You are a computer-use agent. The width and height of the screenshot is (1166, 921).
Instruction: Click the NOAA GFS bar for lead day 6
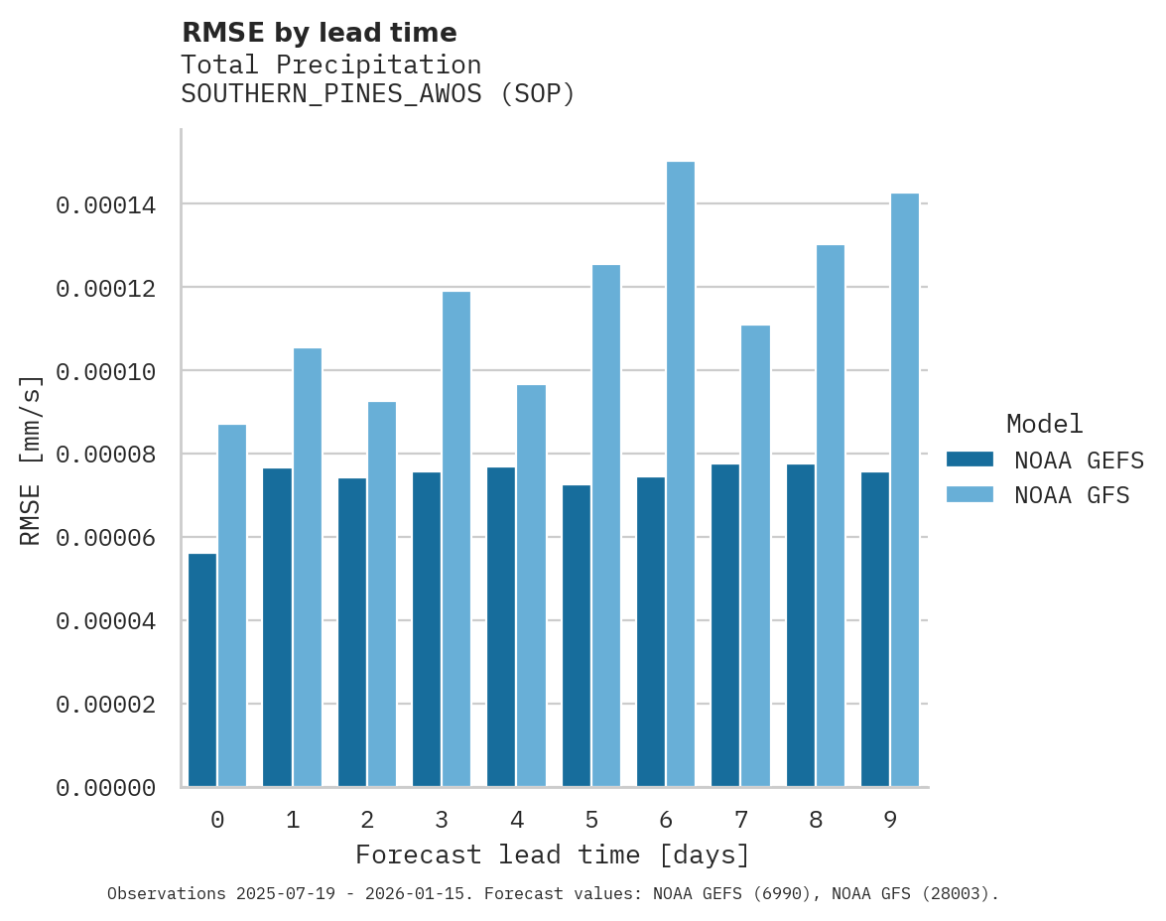[x=681, y=474]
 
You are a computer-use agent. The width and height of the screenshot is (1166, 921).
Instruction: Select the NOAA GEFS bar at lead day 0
[x=202, y=670]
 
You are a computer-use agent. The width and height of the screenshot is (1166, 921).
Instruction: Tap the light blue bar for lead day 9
[x=905, y=490]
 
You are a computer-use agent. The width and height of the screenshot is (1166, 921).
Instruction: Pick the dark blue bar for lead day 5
[x=577, y=635]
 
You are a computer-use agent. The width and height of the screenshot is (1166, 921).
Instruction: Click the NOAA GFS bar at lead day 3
[x=456, y=539]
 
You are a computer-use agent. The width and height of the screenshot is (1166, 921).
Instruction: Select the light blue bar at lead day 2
[x=382, y=593]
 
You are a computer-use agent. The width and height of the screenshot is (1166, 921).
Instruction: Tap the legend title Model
[x=1044, y=424]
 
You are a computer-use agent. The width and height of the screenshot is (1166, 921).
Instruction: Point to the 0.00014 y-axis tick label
[x=106, y=205]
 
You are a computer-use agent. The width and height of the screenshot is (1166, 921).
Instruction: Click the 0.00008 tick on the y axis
[x=106, y=456]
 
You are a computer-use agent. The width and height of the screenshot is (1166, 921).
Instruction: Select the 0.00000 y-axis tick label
[x=106, y=788]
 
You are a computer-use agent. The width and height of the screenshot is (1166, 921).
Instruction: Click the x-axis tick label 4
[x=516, y=820]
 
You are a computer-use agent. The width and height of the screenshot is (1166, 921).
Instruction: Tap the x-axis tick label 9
[x=890, y=820]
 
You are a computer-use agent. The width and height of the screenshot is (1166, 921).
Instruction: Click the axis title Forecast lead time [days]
[x=553, y=855]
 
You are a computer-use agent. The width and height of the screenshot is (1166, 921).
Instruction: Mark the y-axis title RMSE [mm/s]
[x=31, y=460]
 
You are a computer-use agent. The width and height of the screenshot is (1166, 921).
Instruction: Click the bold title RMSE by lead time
[x=319, y=33]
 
